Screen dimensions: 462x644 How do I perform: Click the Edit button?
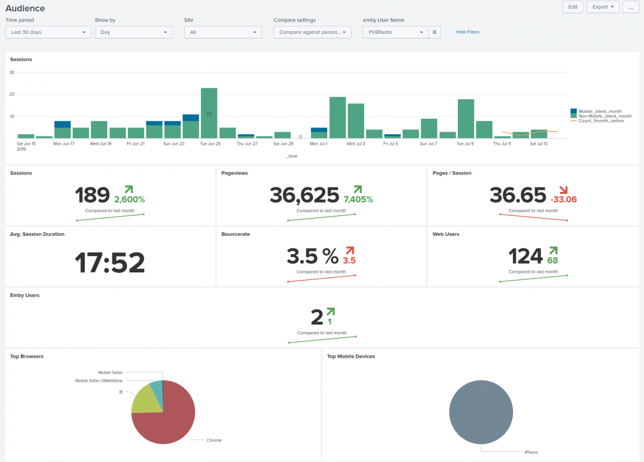coord(573,7)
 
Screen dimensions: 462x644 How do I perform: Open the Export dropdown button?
coord(603,7)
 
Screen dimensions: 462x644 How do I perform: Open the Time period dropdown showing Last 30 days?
coord(48,32)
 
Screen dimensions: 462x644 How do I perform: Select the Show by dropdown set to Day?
coord(134,32)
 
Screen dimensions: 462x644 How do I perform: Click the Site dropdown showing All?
coord(223,32)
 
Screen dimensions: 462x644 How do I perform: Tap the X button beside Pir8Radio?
coord(435,32)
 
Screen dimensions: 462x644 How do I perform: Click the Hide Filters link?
coord(467,32)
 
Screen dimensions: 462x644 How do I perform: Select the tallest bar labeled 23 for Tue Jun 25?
coord(209,113)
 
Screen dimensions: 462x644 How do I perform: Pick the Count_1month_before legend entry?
coord(601,121)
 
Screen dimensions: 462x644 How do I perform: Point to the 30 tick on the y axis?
coord(12,73)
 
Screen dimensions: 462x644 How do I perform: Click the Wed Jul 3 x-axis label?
coord(356,144)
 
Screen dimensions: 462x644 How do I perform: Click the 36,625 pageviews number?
coord(304,195)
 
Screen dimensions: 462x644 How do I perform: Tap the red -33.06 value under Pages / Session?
coord(563,199)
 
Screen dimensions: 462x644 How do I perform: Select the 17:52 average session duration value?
coord(109,263)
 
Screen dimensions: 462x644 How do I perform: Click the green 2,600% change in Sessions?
coord(129,199)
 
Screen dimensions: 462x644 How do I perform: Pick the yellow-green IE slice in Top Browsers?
coord(143,400)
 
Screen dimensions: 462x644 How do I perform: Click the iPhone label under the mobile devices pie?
coord(530,452)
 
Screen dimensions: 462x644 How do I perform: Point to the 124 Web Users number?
coord(525,256)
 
